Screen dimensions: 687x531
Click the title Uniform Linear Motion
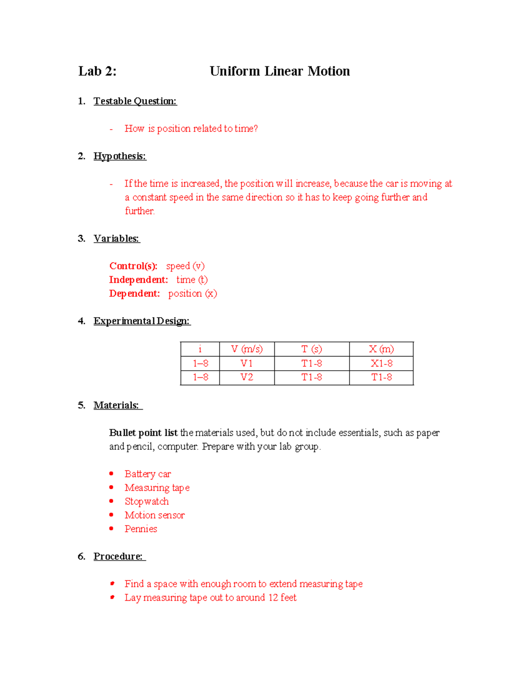[x=279, y=71]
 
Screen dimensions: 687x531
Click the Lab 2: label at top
[x=97, y=71]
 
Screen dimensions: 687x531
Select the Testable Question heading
[x=135, y=101]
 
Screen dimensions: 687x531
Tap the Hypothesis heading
[x=119, y=156]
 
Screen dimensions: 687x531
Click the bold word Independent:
[x=139, y=280]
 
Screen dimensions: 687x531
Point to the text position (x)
[x=192, y=294]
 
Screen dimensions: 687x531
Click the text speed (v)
[x=185, y=266]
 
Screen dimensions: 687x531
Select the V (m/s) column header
[x=246, y=349]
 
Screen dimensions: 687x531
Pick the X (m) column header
[x=381, y=349]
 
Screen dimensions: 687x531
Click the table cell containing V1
[x=246, y=364]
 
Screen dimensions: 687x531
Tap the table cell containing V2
[x=246, y=377]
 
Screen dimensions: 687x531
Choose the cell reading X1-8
[x=381, y=364]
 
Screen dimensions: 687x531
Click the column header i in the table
[x=200, y=349]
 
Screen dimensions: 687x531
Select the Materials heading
[x=116, y=405]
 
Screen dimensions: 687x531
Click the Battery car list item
[x=147, y=474]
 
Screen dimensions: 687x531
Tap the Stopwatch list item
[x=146, y=502]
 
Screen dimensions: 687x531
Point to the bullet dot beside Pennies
[x=112, y=529]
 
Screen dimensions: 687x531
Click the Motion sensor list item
[x=154, y=515]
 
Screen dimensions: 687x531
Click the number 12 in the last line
[x=273, y=598]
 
